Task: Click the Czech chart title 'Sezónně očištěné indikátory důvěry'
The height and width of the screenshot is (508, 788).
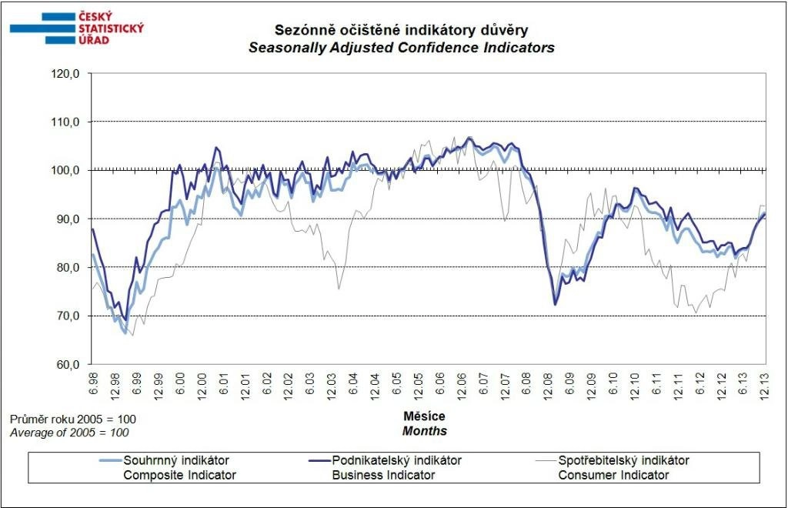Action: pos(401,31)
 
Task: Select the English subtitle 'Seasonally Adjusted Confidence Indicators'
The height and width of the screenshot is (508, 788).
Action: pos(401,48)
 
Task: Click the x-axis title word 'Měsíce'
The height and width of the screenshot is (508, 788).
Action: pos(424,416)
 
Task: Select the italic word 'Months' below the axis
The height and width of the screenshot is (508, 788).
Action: pos(424,431)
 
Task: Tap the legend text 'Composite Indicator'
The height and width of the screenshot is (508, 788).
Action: pos(180,475)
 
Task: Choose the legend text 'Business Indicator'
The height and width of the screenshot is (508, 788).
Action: pos(383,475)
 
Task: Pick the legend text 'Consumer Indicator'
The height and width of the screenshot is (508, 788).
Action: pos(613,475)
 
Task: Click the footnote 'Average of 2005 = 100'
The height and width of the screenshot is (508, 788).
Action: pos(68,433)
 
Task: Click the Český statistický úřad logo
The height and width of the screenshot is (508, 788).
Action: pos(76,28)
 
